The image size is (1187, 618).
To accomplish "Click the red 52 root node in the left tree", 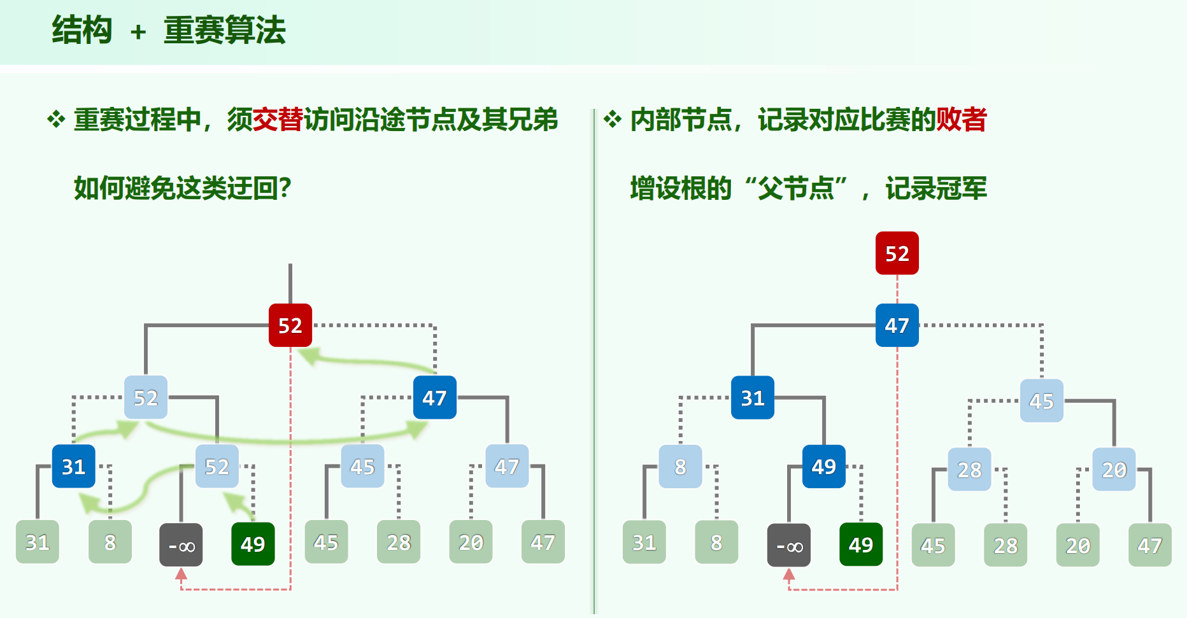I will (290, 325).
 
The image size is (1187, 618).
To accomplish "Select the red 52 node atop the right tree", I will (897, 253).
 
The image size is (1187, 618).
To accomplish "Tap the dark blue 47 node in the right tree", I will (897, 325).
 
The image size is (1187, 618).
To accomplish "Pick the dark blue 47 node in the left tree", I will (434, 398).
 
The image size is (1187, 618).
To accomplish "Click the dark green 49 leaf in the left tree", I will (253, 544).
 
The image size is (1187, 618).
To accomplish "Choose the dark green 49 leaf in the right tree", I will (861, 545).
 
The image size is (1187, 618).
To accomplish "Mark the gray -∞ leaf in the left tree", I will (181, 545).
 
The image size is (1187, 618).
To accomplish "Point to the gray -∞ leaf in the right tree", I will (788, 545).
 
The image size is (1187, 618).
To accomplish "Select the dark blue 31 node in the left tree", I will (74, 467).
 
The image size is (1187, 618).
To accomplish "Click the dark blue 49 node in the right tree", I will (824, 467).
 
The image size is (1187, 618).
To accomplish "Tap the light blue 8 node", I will (680, 467).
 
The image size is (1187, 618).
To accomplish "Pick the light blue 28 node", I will (969, 470).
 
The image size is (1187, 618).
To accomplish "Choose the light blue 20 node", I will (1114, 470).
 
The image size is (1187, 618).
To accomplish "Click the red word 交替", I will (278, 120).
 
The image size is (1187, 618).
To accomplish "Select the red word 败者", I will (962, 120).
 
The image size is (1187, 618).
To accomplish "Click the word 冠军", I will (962, 188).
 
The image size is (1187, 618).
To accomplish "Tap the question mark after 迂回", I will (285, 188).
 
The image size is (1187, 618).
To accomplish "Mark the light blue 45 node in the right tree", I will (1041, 401).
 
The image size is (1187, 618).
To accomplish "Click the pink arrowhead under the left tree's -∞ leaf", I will (181, 575).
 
